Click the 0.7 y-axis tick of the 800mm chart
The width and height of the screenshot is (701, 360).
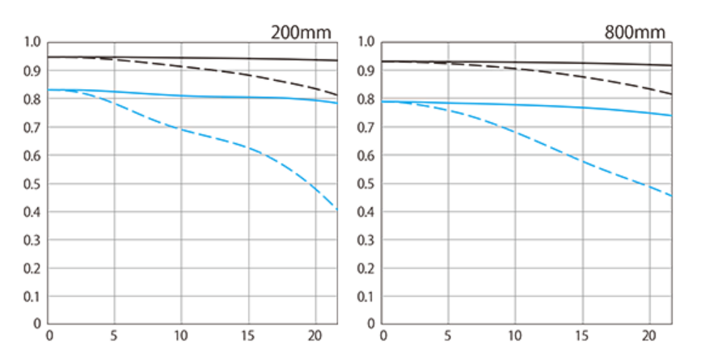point(365,127)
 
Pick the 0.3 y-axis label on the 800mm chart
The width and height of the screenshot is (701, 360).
point(365,240)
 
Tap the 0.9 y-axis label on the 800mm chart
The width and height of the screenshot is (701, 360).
point(365,70)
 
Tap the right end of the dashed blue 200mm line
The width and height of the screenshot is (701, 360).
point(337,210)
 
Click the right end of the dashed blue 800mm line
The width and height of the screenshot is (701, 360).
point(671,196)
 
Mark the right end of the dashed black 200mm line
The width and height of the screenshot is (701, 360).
point(337,95)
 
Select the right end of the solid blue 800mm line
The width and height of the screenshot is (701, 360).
point(671,116)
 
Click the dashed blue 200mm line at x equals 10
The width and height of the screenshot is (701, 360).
point(181,129)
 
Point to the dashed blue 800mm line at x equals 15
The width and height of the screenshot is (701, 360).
point(581,161)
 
